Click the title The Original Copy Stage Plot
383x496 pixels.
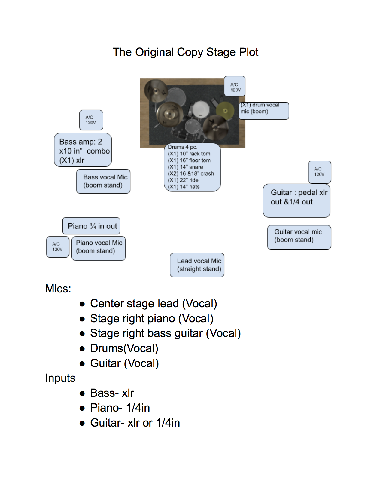[x=185, y=52]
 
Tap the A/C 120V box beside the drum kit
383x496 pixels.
[x=235, y=86]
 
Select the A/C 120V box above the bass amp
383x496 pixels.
[x=91, y=120]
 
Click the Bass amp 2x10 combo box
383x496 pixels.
[x=83, y=150]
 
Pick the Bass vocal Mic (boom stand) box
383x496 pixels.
[x=103, y=181]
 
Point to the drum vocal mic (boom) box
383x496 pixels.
[x=264, y=111]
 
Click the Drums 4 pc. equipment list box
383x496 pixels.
[x=192, y=167]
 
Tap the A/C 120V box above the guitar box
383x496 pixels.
[x=319, y=172]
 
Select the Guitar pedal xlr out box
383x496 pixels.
[x=296, y=200]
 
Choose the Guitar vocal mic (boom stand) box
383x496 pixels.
[x=299, y=237]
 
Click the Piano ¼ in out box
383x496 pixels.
[x=91, y=226]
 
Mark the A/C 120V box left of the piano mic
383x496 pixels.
[x=58, y=247]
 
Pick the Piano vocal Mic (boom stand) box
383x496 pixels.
[x=99, y=248]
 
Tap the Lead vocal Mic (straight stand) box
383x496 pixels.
[x=197, y=265]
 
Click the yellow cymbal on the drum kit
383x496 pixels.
[x=225, y=111]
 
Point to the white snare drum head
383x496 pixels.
[x=200, y=109]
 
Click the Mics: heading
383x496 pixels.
[x=58, y=289]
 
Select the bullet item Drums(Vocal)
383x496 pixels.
[x=124, y=348]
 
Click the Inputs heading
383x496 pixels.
[x=60, y=378]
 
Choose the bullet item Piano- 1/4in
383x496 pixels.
[x=120, y=408]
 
